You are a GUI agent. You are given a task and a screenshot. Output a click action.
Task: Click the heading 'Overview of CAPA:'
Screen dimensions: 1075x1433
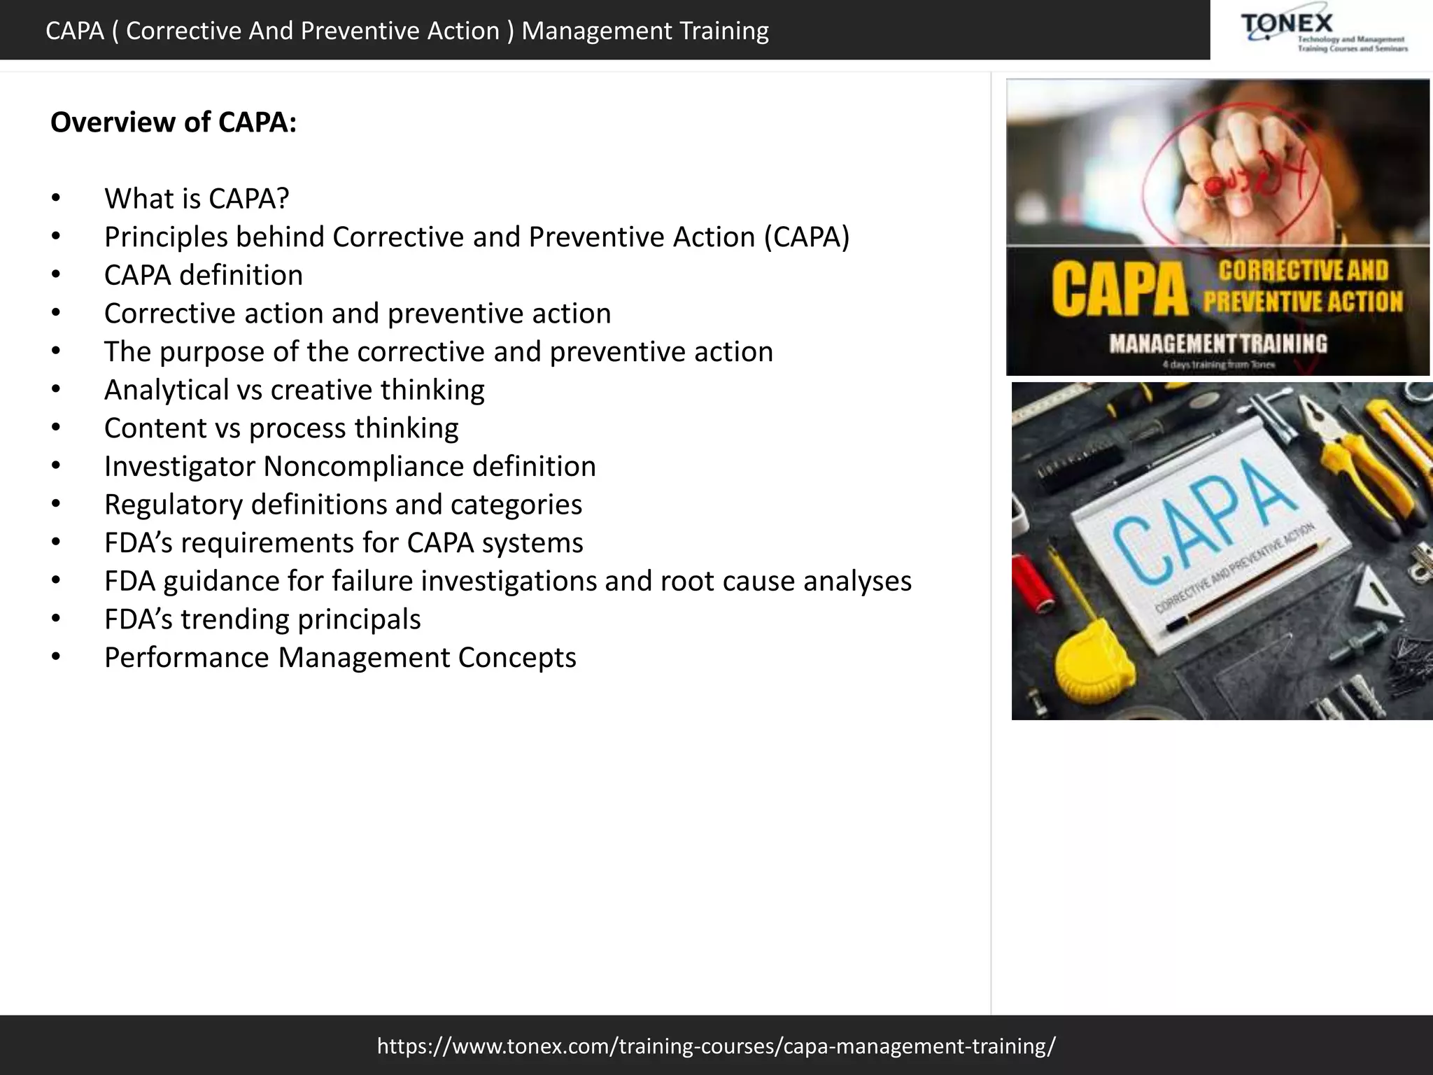174,122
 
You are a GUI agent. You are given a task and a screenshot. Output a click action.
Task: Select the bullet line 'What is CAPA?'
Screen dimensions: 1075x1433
196,199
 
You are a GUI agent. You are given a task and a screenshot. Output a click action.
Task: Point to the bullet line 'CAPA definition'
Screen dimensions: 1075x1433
203,275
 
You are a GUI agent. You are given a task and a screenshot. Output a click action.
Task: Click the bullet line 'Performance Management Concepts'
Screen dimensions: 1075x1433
340,658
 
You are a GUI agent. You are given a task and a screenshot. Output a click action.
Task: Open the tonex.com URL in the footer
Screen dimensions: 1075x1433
716,1046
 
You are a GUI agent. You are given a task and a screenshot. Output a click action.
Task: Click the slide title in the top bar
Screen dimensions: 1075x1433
407,31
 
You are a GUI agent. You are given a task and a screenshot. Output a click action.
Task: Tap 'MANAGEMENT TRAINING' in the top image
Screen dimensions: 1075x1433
1217,344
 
